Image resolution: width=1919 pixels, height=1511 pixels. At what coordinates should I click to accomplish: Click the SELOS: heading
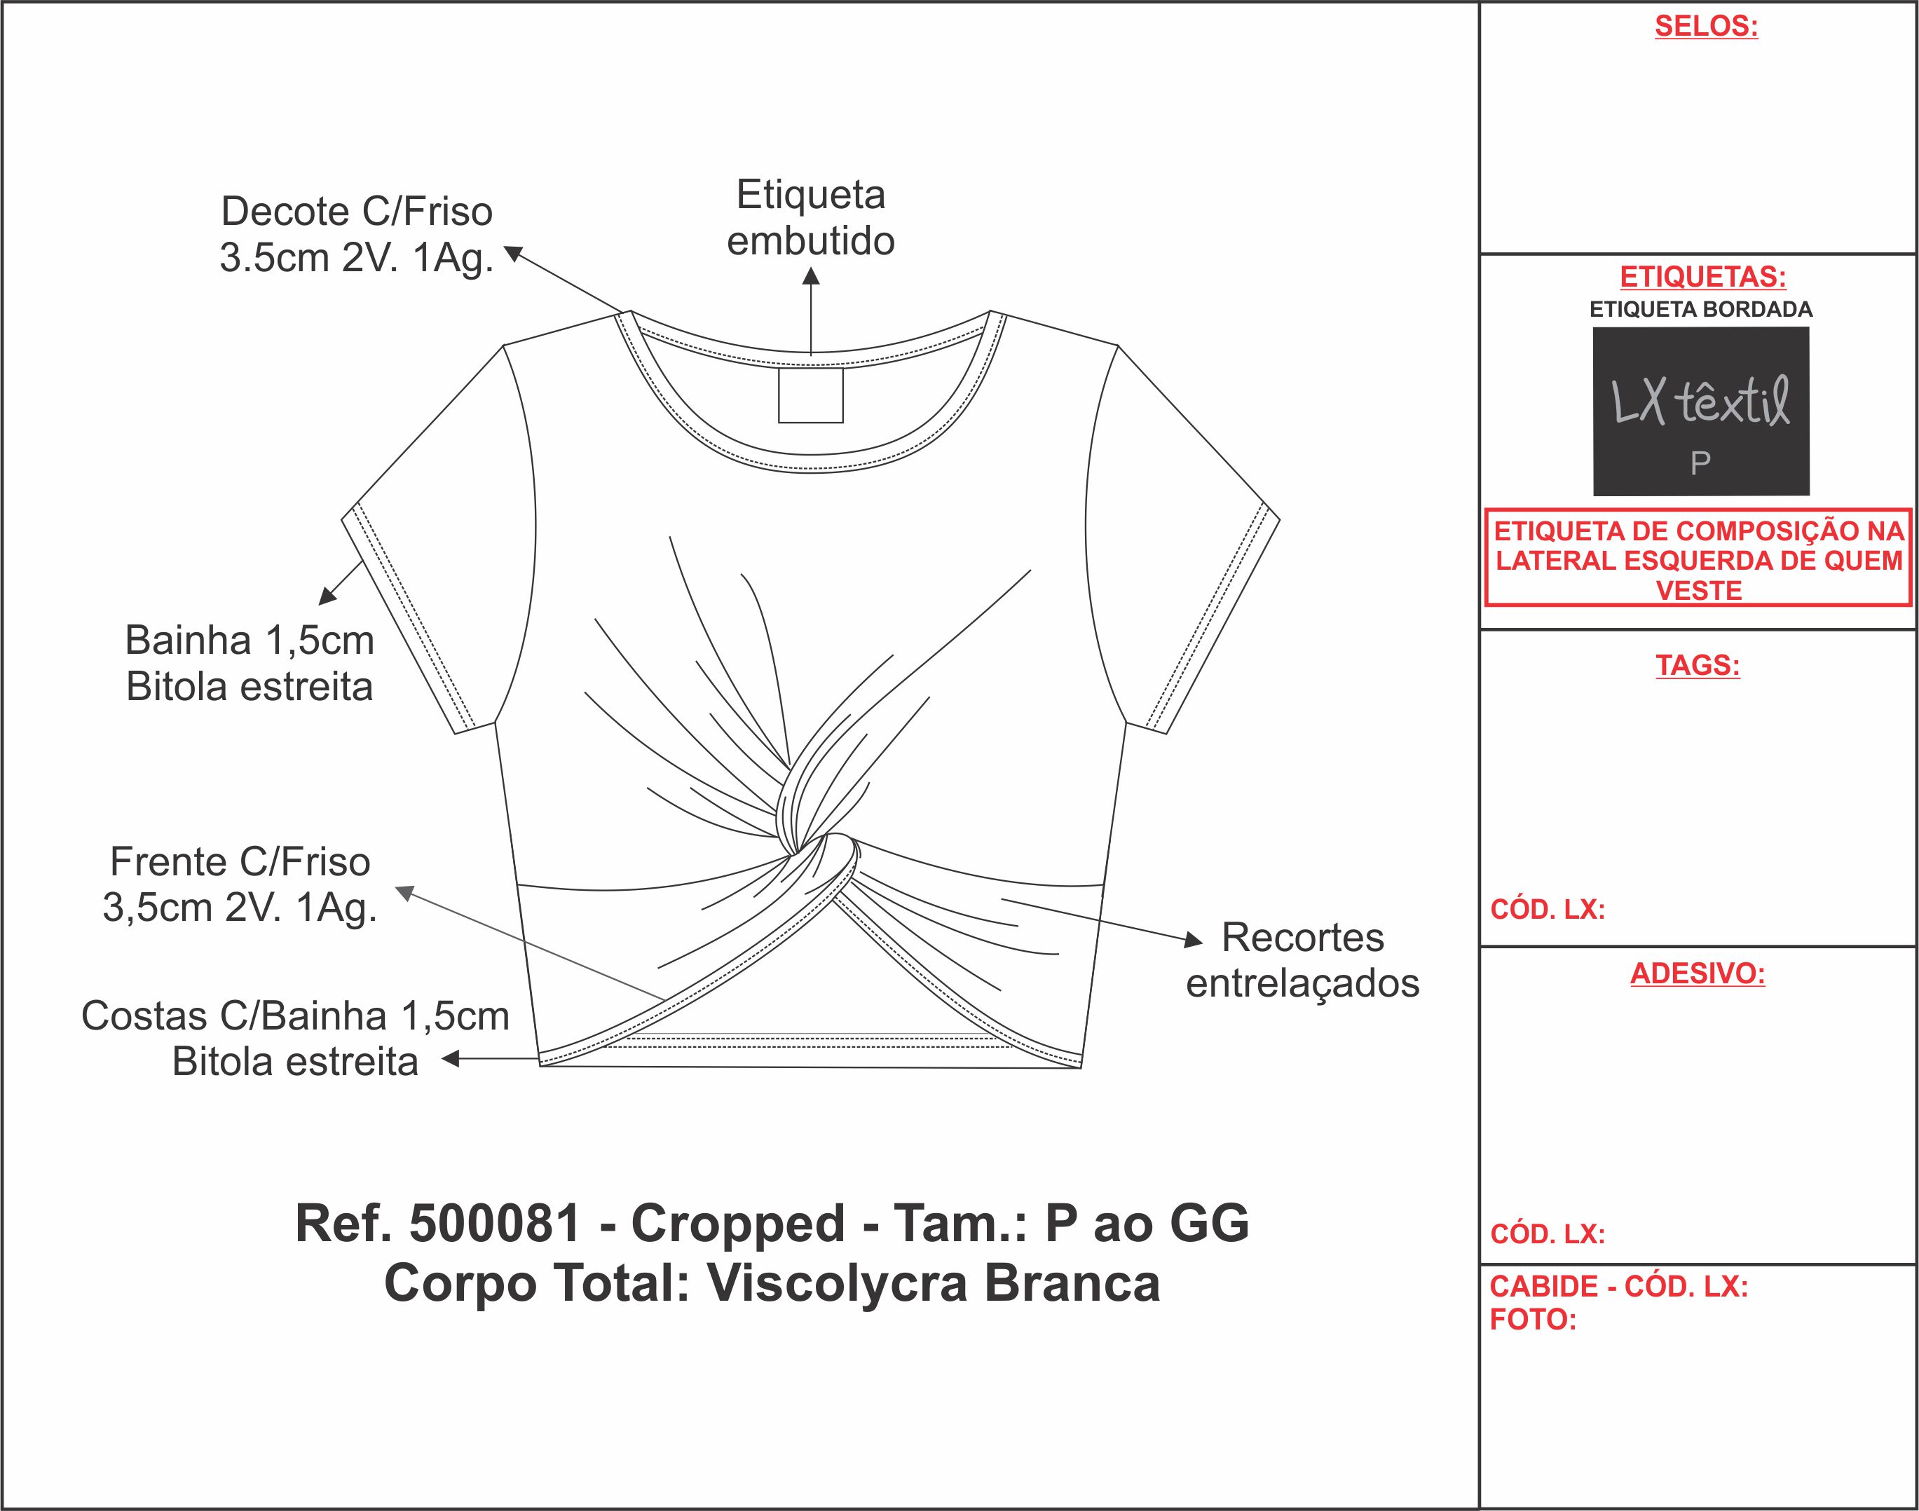click(1706, 27)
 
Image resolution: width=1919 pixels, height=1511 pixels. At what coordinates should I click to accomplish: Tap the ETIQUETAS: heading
click(1702, 277)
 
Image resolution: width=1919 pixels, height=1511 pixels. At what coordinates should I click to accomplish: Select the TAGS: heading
click(1698, 664)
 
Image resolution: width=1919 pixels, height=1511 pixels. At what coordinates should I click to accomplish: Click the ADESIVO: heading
click(1698, 973)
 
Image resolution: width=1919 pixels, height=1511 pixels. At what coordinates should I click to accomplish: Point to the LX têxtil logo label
click(1700, 402)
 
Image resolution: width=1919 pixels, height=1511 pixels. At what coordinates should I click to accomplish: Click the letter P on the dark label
click(1700, 463)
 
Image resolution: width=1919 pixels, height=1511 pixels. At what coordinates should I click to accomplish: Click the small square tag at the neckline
click(810, 395)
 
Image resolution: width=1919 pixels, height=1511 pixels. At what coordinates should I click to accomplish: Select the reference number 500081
click(495, 1224)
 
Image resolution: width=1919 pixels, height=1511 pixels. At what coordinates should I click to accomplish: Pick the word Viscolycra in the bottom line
click(837, 1283)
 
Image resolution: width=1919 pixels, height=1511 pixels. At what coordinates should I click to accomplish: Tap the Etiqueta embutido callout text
click(810, 218)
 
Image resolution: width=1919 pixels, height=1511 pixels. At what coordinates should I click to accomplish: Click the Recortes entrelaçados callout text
click(1302, 960)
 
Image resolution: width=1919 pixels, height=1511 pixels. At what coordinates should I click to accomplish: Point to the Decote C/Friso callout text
click(357, 235)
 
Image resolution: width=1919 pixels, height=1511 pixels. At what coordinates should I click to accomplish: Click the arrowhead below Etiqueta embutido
click(810, 277)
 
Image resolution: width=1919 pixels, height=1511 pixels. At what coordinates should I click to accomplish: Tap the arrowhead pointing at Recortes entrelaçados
click(1194, 941)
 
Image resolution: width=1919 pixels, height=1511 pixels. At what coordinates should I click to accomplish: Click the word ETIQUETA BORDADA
click(1700, 310)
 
